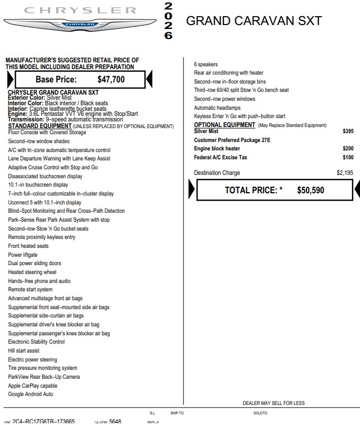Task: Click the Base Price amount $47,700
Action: pos(111,80)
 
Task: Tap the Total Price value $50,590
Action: pos(310,190)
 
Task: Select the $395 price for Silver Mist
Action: pos(348,131)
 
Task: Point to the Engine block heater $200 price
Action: pos(348,149)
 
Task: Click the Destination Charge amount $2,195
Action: pos(344,173)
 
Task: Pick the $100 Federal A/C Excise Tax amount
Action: pos(348,158)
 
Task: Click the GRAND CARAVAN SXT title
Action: pos(254,21)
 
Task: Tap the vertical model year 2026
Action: pos(168,21)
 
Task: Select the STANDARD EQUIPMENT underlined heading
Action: pos(40,126)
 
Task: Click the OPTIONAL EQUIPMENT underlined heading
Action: pos(224,125)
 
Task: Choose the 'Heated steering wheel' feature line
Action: pos(32,272)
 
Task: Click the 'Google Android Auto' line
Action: pos(31,394)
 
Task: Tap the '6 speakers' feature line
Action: pos(206,65)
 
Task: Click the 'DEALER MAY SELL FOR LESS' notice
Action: pos(274,403)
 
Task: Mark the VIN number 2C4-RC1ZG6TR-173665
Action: pos(43,421)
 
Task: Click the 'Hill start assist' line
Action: pos(24,351)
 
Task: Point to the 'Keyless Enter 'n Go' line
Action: pos(231,116)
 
